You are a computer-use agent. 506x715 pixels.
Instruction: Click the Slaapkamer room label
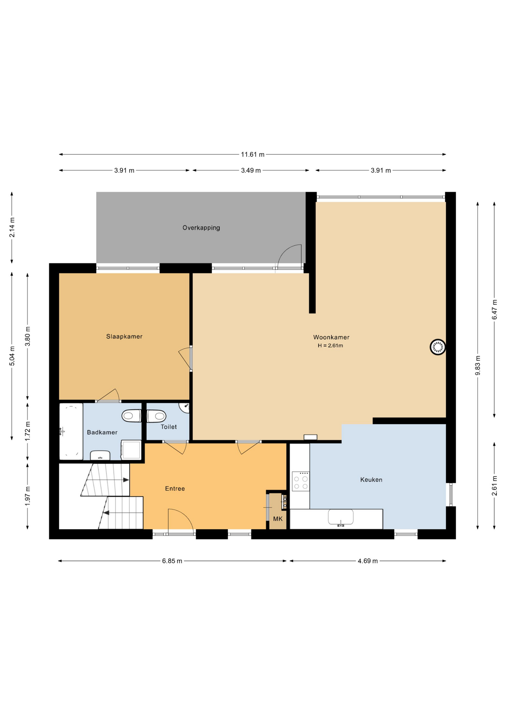click(x=124, y=336)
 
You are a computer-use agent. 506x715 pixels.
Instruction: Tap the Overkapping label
click(x=201, y=228)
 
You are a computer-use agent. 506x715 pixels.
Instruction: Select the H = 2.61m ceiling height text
click(x=330, y=346)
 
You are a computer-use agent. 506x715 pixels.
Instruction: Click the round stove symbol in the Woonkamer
click(x=437, y=347)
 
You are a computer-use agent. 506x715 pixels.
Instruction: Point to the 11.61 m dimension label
click(x=252, y=154)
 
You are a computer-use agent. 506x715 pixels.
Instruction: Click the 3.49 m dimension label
click(x=250, y=170)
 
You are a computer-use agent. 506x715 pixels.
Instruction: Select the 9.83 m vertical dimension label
click(x=478, y=365)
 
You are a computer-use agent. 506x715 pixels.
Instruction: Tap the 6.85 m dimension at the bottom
click(x=172, y=561)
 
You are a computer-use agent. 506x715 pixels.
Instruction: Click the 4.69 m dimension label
click(x=367, y=561)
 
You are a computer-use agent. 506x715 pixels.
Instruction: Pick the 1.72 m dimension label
click(x=28, y=431)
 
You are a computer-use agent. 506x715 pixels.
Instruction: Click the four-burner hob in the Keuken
click(x=300, y=481)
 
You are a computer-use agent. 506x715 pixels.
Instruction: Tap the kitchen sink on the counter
click(x=340, y=517)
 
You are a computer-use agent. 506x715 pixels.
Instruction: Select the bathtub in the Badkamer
click(x=71, y=431)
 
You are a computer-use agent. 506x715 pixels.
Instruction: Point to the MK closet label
click(x=278, y=519)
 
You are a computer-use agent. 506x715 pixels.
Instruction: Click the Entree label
click(x=175, y=489)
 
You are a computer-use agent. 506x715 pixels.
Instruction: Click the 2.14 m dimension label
click(x=12, y=227)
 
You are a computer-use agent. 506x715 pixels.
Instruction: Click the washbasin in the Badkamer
click(x=100, y=455)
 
